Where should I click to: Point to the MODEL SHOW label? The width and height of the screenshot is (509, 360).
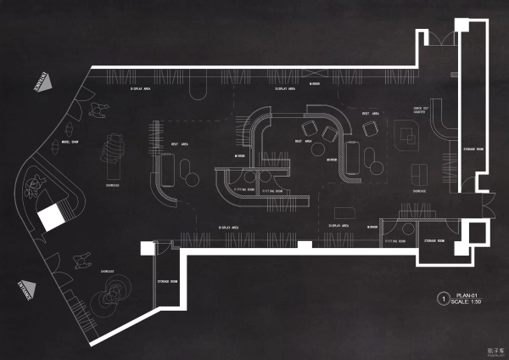pos(70,142)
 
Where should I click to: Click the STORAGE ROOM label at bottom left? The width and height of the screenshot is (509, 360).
pos(168,281)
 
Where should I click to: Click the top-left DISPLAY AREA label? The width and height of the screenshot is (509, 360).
pos(141,87)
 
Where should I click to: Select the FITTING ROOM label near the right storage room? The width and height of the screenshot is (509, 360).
pos(397,241)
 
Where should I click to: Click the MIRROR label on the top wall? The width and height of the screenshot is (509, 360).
pos(314,84)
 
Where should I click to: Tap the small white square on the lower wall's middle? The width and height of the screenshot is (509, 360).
pos(305,245)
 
